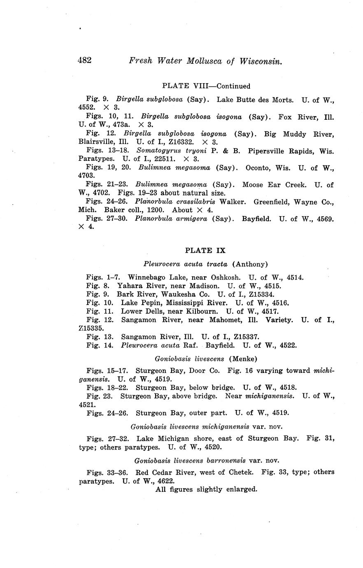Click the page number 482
[84, 60]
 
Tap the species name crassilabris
[191, 202]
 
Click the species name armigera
[191, 219]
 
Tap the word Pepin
[145, 303]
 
